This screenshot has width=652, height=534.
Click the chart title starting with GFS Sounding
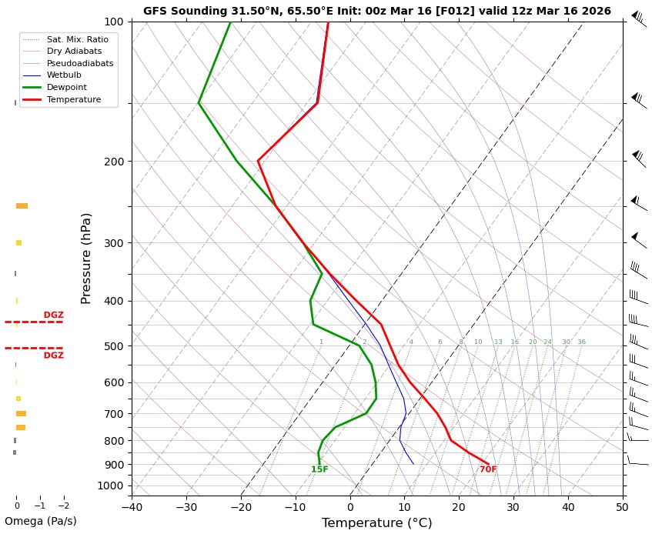pos(376,11)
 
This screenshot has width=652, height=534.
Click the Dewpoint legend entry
pos(66,88)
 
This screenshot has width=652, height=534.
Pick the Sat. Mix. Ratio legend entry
pos(77,39)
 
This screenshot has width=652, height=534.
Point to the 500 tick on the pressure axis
pos(113,346)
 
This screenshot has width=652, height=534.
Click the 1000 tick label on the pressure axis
pos(110,486)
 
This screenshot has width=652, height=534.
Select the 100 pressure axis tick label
pos(113,22)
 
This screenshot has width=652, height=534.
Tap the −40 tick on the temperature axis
pos(132,507)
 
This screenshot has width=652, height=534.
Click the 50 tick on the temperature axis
pos(623,507)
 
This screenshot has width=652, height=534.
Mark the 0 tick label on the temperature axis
pos(350,507)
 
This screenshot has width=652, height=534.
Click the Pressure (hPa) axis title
pos(86,258)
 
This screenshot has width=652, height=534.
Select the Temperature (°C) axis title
pos(376,523)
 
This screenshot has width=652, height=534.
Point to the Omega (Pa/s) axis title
pos(41,522)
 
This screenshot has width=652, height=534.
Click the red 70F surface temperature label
pos(488,469)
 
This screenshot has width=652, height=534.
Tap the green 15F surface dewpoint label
pos(319,469)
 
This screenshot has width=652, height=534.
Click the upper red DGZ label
pos(53,315)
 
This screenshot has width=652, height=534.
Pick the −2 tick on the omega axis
pos(63,506)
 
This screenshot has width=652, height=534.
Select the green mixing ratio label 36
pos(581,342)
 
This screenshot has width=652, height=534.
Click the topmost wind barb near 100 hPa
pos(638,18)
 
